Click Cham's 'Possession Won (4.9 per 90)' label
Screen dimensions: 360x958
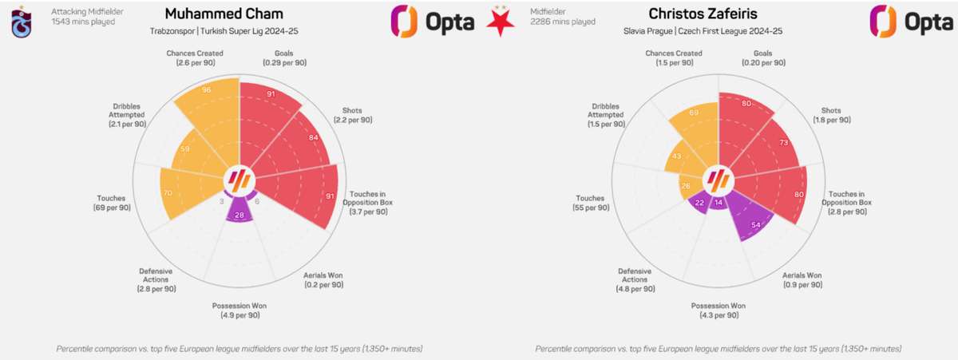point(239,311)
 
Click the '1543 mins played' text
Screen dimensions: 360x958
point(83,22)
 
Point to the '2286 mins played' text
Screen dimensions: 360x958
point(563,22)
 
